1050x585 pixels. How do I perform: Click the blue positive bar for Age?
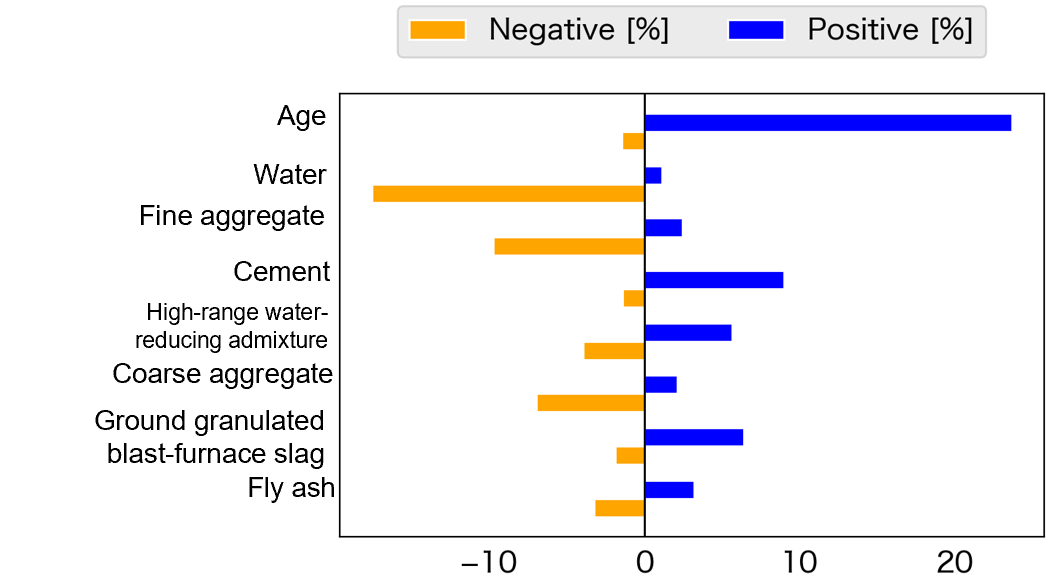[x=827, y=123]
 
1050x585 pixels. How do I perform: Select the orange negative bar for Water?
[x=508, y=194]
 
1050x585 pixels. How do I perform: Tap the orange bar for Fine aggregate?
[x=569, y=246]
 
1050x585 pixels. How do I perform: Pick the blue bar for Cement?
[x=713, y=280]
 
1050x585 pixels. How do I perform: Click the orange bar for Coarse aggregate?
[x=590, y=403]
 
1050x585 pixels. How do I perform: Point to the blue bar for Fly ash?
[x=668, y=490]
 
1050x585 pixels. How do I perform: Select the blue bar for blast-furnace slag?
[x=693, y=437]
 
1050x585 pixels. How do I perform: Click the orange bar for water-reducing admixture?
[x=614, y=351]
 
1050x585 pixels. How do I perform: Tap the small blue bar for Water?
[x=652, y=176]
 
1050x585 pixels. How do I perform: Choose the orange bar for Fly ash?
[x=619, y=508]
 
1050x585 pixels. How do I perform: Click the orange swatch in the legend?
[x=437, y=31]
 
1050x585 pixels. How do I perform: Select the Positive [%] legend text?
[x=890, y=31]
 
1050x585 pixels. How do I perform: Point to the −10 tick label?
[x=487, y=564]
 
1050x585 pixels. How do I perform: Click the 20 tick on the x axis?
[x=954, y=564]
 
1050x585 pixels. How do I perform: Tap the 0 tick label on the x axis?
[x=644, y=564]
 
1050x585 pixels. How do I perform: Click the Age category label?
[x=301, y=117]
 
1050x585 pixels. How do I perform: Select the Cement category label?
[x=281, y=272]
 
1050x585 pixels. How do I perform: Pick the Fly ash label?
[x=291, y=489]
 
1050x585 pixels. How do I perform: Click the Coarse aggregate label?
[x=222, y=375]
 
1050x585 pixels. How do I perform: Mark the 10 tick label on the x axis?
[x=799, y=564]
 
